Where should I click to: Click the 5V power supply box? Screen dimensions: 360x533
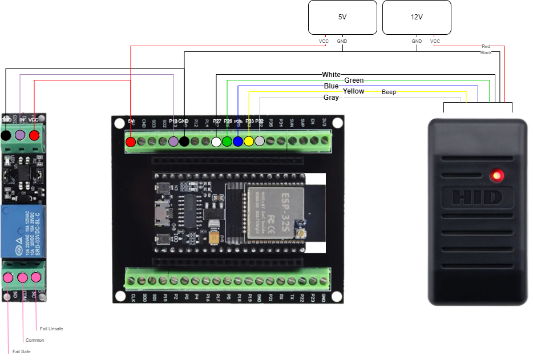pyautogui.click(x=342, y=17)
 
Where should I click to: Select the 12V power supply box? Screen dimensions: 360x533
pyautogui.click(x=417, y=17)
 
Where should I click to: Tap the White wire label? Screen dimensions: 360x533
pyautogui.click(x=331, y=75)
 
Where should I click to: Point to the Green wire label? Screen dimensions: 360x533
pyautogui.click(x=354, y=80)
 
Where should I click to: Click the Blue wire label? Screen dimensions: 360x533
pyautogui.click(x=331, y=86)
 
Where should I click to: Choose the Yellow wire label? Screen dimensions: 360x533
pyautogui.click(x=353, y=91)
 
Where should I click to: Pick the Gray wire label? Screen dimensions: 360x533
pyautogui.click(x=331, y=98)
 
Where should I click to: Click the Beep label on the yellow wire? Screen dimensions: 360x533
pyautogui.click(x=389, y=92)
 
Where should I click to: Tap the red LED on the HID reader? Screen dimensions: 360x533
pyautogui.click(x=498, y=175)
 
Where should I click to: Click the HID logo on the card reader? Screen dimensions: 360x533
pyautogui.click(x=477, y=197)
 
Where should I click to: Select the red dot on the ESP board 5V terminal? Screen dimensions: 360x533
pyautogui.click(x=131, y=141)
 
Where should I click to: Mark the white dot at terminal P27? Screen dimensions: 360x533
pyautogui.click(x=216, y=141)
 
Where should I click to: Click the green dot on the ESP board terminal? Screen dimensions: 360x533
pyautogui.click(x=227, y=141)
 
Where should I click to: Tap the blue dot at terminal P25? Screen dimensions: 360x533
pyautogui.click(x=238, y=141)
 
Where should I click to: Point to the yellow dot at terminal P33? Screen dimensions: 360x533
pyautogui.click(x=249, y=141)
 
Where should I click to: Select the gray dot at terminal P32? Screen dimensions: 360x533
pyautogui.click(x=260, y=141)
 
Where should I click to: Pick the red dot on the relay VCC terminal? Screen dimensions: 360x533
pyautogui.click(x=34, y=136)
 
